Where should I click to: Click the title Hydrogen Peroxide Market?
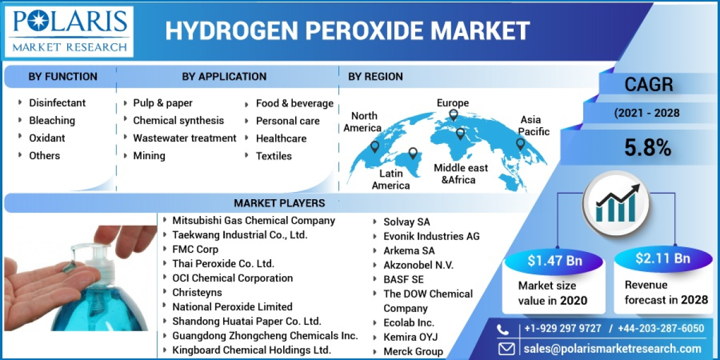(x=347, y=31)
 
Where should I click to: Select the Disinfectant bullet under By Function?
(x=57, y=103)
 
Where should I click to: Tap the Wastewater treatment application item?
(x=184, y=138)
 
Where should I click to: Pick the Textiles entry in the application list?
(x=274, y=156)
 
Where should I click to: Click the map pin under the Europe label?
(x=454, y=115)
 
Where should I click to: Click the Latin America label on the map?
(x=391, y=179)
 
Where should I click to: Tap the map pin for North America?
(x=375, y=146)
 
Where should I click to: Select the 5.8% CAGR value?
(x=647, y=148)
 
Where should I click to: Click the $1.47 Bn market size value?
(x=547, y=260)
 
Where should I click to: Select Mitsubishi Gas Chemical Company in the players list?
(x=253, y=220)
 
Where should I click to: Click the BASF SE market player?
(x=403, y=280)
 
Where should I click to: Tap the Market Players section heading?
(x=279, y=203)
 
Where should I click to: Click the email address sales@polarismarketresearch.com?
(x=612, y=349)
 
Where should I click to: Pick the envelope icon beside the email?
(x=506, y=349)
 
